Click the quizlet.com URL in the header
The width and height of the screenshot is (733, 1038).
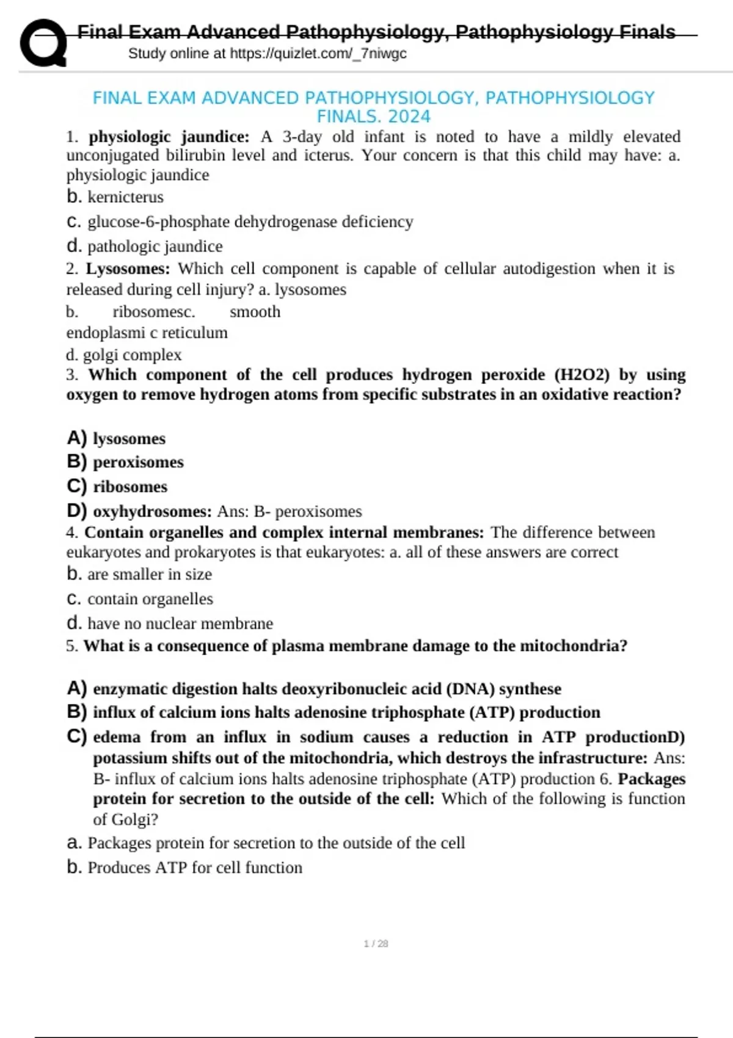(x=318, y=54)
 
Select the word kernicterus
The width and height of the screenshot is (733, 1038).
(x=125, y=197)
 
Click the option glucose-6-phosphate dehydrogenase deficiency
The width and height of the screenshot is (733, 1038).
(x=250, y=222)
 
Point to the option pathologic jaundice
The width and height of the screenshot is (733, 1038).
(x=155, y=247)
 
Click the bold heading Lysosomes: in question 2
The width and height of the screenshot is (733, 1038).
(x=128, y=269)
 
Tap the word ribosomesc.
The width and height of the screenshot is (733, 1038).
(x=154, y=312)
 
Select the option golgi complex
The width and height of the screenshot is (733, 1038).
(x=132, y=355)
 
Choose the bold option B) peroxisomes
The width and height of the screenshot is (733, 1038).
(x=125, y=462)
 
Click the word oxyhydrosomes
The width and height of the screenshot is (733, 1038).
(x=151, y=511)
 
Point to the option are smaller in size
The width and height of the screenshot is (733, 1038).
(x=149, y=575)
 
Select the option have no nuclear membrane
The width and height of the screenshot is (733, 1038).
(x=180, y=623)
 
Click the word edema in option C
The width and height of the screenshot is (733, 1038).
(x=116, y=737)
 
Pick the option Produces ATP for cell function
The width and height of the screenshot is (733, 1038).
(x=194, y=868)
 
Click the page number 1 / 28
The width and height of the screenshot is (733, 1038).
(x=376, y=943)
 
